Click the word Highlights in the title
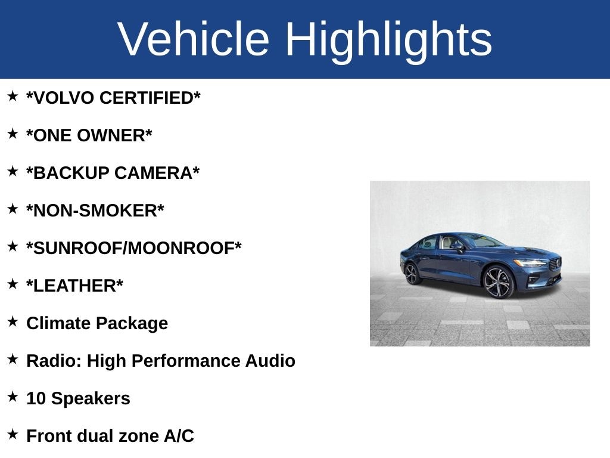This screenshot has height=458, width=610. (388, 39)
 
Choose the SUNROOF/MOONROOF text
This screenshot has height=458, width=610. (134, 249)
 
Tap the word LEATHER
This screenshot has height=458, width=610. (74, 286)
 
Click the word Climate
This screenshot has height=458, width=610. (58, 324)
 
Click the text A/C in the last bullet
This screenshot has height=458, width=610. (179, 437)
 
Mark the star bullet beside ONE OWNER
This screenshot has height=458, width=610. (13, 134)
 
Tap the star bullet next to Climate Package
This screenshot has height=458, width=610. (13, 321)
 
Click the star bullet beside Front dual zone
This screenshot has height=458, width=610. (13, 434)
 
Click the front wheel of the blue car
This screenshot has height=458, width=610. (498, 281)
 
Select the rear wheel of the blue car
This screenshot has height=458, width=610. (412, 274)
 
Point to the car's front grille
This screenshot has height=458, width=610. (555, 264)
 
